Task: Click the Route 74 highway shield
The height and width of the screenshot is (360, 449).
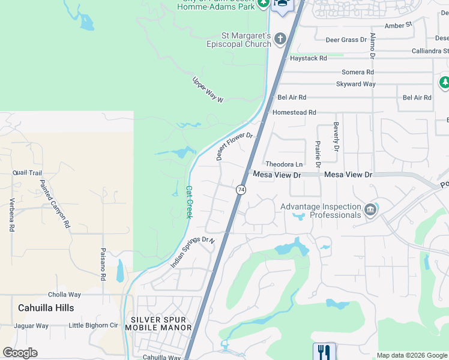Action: pos(241,190)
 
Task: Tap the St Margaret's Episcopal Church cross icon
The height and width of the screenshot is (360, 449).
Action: pos(280,40)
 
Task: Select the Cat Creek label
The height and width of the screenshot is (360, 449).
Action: pos(188,202)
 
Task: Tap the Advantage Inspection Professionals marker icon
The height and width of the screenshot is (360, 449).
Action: pos(370,209)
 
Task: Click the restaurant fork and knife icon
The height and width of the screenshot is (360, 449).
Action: pos(324,351)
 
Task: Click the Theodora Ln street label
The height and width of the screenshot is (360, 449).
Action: pos(284,164)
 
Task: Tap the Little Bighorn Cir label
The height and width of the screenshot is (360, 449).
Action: pos(93,326)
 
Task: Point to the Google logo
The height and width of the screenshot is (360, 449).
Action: pos(20,353)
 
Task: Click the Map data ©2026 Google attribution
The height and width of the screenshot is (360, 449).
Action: pos(412,355)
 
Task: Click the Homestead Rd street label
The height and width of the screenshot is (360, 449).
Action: pos(294,112)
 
